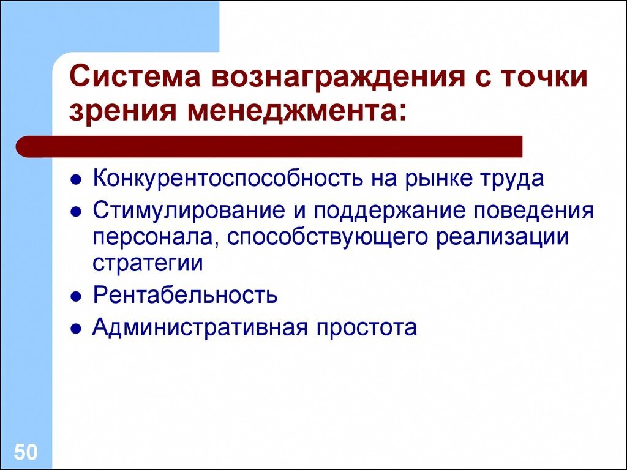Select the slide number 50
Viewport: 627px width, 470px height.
pyautogui.click(x=26, y=453)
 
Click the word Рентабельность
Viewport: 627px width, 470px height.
pyautogui.click(x=185, y=295)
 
